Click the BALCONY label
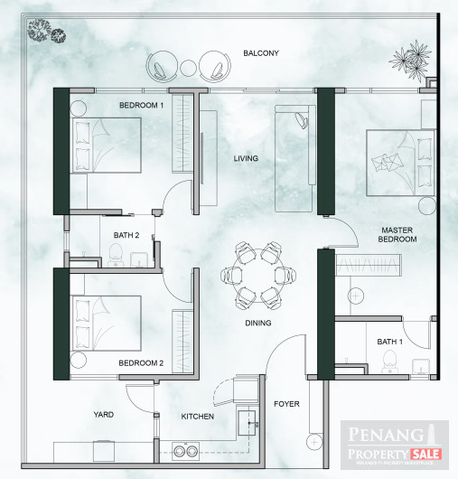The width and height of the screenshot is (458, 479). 261,53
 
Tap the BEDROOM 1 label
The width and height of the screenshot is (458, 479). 142,106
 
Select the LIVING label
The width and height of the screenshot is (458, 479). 246,159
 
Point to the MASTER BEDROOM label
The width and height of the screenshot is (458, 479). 398,235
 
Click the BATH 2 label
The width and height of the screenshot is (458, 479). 126,237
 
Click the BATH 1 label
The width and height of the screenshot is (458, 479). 389,342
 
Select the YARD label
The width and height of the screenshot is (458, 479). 104,416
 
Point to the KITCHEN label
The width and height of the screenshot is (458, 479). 198,417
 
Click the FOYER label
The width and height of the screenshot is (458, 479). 287,404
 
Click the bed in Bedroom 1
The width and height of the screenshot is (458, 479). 107,146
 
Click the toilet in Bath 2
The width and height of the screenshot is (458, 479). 116,258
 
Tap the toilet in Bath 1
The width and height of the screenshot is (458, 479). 389,362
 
